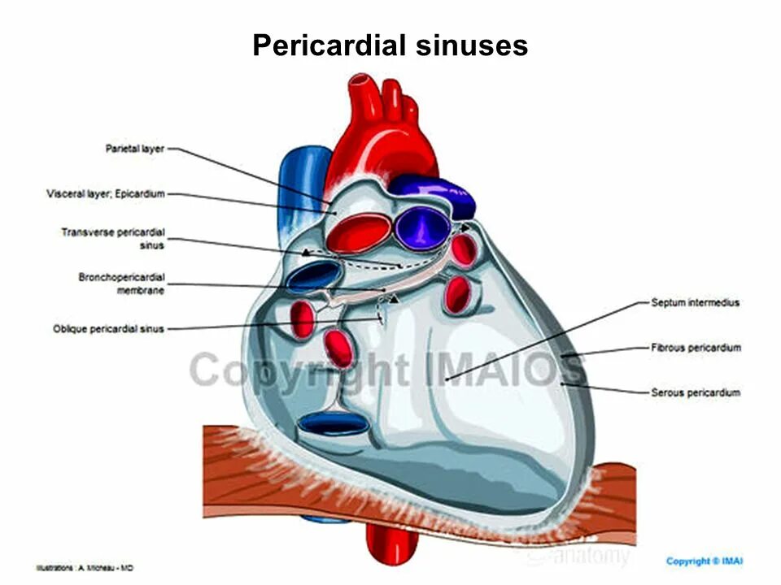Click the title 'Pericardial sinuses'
390,45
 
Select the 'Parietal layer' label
135,149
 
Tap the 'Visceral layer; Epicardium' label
106,194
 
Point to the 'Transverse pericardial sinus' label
113,238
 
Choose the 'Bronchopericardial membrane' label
121,284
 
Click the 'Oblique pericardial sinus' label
109,329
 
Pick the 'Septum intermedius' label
695,303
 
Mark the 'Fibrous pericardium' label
696,348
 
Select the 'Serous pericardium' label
696,393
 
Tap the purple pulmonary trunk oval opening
421,227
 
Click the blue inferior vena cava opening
331,423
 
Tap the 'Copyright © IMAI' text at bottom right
705,561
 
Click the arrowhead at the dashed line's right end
466,229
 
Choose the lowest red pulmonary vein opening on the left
338,348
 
